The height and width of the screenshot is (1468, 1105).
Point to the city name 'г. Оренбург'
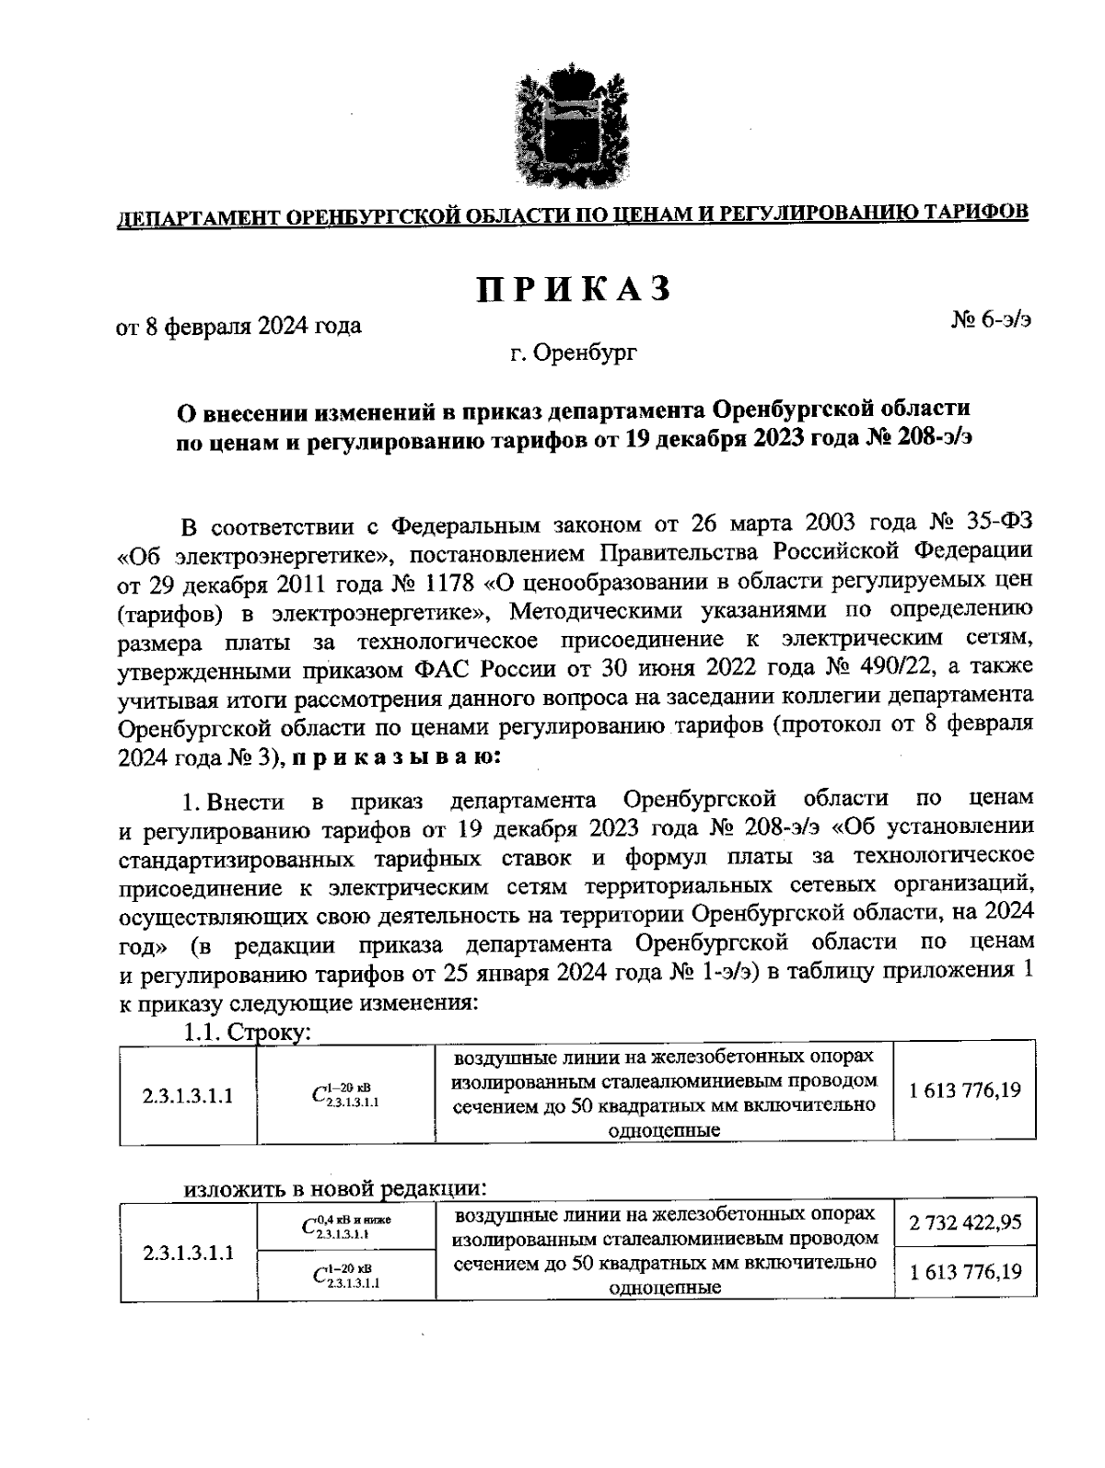574,353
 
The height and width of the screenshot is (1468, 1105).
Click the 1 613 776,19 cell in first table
964,1092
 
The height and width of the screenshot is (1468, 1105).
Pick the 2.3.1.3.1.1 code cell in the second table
188,1253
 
